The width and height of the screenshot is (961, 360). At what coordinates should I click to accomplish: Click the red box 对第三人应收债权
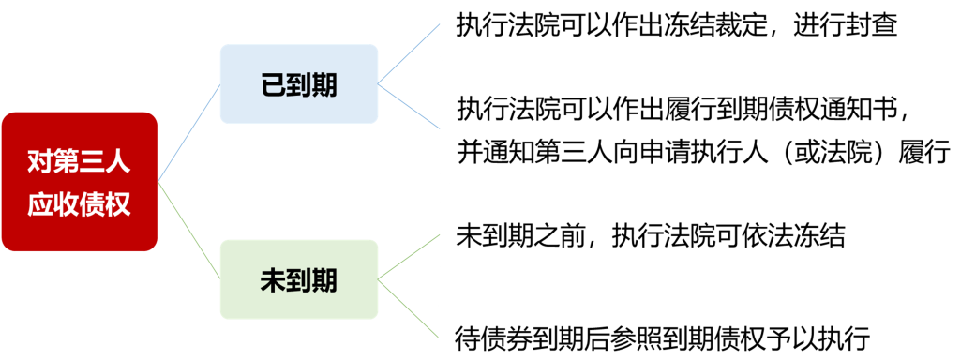click(80, 182)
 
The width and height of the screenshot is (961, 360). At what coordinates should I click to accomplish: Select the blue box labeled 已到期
click(299, 84)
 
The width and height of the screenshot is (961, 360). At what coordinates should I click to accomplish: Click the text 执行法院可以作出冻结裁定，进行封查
click(677, 25)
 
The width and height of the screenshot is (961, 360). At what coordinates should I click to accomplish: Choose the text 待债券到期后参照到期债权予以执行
click(664, 336)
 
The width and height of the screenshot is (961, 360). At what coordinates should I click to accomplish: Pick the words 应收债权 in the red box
click(80, 203)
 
